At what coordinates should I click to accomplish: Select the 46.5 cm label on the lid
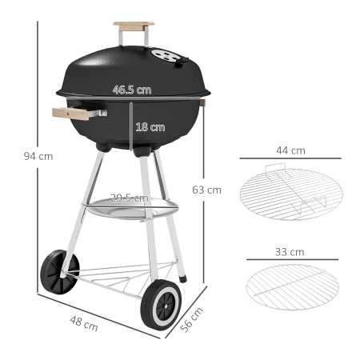(132, 90)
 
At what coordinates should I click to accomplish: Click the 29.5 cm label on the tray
(129, 198)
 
